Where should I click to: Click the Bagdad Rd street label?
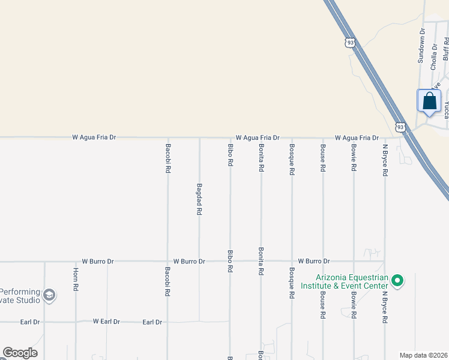199,199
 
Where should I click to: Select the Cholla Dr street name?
433,56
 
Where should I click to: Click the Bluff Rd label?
446,48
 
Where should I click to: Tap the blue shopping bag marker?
429,100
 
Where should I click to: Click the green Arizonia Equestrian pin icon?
396,280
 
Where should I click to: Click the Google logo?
20,353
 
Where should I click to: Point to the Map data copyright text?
424,355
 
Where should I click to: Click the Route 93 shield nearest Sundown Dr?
351,42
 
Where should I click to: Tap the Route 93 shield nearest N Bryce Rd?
400,127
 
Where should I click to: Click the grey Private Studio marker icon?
49,295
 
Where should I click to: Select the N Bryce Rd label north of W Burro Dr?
385,159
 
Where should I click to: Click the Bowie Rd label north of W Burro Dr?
354,157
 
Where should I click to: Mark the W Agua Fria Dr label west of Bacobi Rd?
94,137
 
